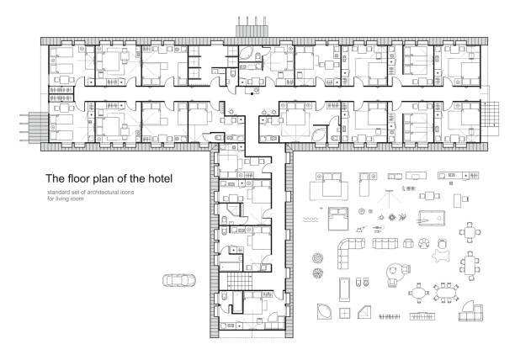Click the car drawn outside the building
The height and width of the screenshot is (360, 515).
pos(179,280)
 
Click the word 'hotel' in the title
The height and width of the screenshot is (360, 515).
pos(159,178)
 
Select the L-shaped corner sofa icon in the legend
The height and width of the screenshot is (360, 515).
pos(350,253)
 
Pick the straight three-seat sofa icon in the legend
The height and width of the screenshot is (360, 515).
pos(385,243)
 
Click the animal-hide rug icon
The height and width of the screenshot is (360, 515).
pos(442,256)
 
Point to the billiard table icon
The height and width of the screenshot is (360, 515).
pos(432,218)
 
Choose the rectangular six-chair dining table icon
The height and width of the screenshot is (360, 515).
pos(470,265)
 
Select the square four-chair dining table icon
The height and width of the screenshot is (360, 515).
pos(470,232)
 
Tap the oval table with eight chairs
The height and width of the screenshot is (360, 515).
pos(446,293)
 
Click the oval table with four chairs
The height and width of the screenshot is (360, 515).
pos(419,292)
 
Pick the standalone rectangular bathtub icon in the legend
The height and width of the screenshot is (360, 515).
pos(344,289)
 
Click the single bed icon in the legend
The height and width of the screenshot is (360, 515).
pos(365,184)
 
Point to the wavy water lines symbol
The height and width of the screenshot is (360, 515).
pos(311,220)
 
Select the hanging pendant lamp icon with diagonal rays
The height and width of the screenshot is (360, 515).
pos(390,199)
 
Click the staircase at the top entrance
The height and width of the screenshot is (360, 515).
pos(252,27)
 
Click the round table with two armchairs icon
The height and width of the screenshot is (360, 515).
pos(398,273)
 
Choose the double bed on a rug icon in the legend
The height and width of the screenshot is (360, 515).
pos(329,187)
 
